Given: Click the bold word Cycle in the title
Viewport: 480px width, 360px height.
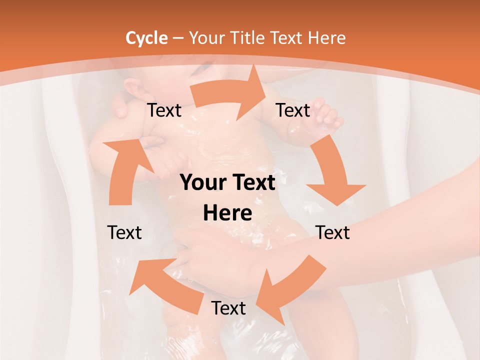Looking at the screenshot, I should click(146, 38).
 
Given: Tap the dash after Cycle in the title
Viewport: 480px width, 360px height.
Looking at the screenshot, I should click(177, 38).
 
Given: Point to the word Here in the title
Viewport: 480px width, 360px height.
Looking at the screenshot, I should click(326, 38).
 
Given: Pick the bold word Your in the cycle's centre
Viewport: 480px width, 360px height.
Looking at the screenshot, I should click(203, 183).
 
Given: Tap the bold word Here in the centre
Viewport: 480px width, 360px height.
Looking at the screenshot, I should click(227, 213).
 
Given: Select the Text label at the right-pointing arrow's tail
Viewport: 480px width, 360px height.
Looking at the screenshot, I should click(164, 110).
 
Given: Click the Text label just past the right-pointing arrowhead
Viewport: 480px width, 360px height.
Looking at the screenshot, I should click(293, 110).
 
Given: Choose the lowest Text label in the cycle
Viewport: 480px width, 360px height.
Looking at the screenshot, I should click(228, 308).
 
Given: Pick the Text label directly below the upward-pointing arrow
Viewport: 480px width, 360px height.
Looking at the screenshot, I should click(124, 232).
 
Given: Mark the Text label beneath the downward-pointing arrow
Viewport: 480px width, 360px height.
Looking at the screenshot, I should click(333, 232).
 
